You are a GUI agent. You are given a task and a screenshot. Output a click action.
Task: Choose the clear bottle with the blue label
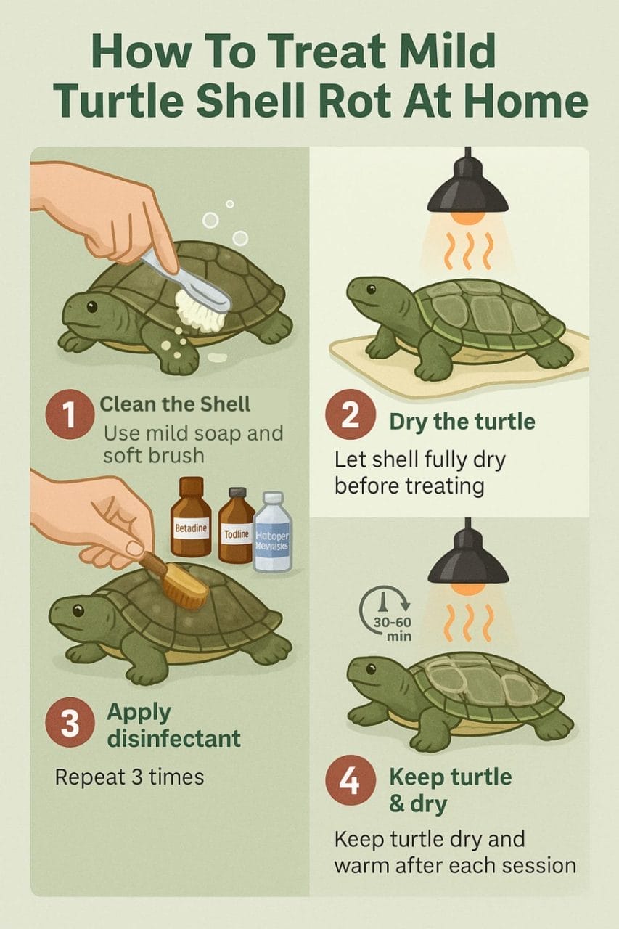pos(272,536)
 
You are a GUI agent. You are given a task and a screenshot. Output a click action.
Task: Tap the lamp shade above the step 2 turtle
pos(467,192)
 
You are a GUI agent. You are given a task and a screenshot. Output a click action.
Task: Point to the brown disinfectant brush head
pos(184,587)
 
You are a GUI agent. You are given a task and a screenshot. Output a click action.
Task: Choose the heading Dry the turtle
pos(462,422)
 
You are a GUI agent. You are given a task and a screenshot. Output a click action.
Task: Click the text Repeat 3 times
pos(129,777)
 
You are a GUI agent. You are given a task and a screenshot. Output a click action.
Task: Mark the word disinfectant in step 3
pos(173,739)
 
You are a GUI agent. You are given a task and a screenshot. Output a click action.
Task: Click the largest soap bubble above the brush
pos(211,221)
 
